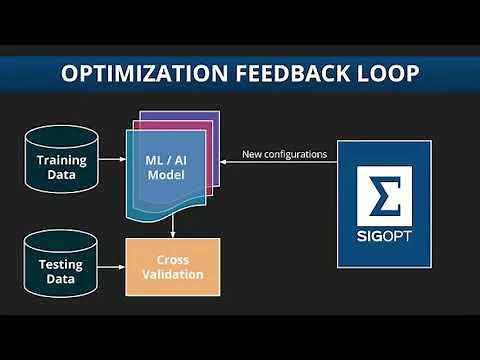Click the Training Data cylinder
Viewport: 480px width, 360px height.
pos(62,165)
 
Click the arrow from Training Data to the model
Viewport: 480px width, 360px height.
pos(112,165)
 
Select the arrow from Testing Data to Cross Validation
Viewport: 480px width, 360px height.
pos(112,267)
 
